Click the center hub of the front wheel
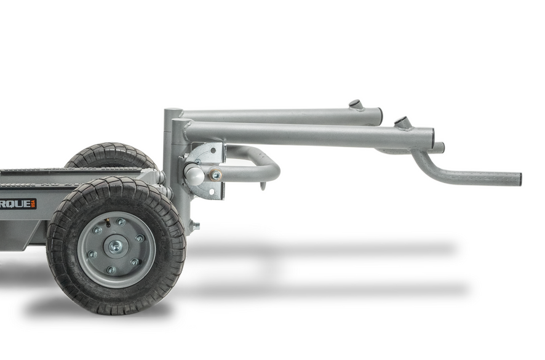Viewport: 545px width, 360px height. click(115, 247)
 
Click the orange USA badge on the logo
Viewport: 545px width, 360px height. click(33, 204)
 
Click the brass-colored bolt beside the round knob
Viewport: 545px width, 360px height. click(215, 175)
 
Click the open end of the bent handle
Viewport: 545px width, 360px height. click(519, 180)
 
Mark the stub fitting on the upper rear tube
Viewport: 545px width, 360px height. click(356, 105)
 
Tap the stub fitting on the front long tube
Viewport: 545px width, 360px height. click(401, 122)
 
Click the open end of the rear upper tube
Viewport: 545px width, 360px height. click(380, 116)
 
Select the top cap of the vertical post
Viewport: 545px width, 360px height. click(172, 112)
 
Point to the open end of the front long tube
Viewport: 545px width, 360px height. click(432, 138)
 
